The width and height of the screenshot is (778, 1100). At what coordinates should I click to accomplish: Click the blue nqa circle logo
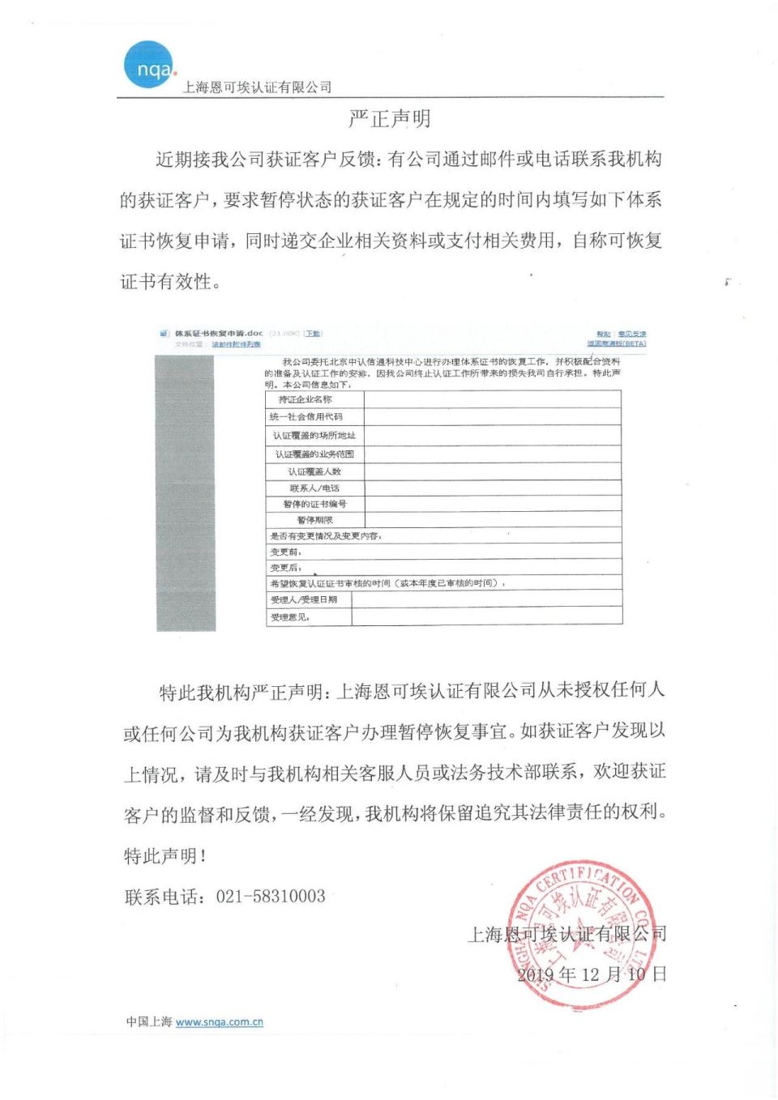pos(148,65)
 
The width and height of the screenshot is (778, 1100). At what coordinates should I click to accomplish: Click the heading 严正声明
pos(389,119)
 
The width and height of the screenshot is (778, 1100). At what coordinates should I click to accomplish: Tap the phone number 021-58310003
pos(271,897)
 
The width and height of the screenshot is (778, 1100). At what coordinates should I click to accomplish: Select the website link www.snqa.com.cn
pos(219,1022)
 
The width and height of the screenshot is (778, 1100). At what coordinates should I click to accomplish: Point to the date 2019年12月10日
pos(592,974)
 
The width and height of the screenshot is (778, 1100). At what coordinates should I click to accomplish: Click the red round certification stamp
pos(580,936)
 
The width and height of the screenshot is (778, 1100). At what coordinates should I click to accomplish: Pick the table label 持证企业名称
pos(305,399)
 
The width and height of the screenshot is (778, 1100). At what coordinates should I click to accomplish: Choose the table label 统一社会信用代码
pos(306,416)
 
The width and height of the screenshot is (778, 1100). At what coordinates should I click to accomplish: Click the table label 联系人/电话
pos(314,488)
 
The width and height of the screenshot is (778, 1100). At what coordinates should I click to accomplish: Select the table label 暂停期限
pos(314,520)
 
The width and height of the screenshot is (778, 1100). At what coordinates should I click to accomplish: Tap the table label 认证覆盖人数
pos(314,471)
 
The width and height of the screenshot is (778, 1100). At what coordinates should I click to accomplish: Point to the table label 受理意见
pos(289,617)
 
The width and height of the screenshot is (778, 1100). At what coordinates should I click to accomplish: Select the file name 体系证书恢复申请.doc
pos(219,333)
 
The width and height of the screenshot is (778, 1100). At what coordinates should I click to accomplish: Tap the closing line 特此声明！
pos(165,856)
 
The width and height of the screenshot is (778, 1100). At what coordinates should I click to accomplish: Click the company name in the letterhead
pos(257,87)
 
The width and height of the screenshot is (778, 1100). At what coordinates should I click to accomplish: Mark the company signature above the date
pos(567,934)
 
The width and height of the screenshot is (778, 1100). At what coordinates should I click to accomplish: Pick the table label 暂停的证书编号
pos(314,504)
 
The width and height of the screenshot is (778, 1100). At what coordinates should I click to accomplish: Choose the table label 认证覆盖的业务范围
pos(314,454)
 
